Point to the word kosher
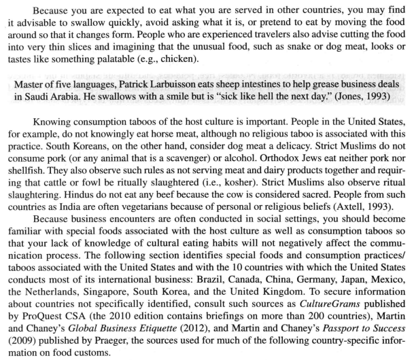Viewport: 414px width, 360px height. pos(247,217)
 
